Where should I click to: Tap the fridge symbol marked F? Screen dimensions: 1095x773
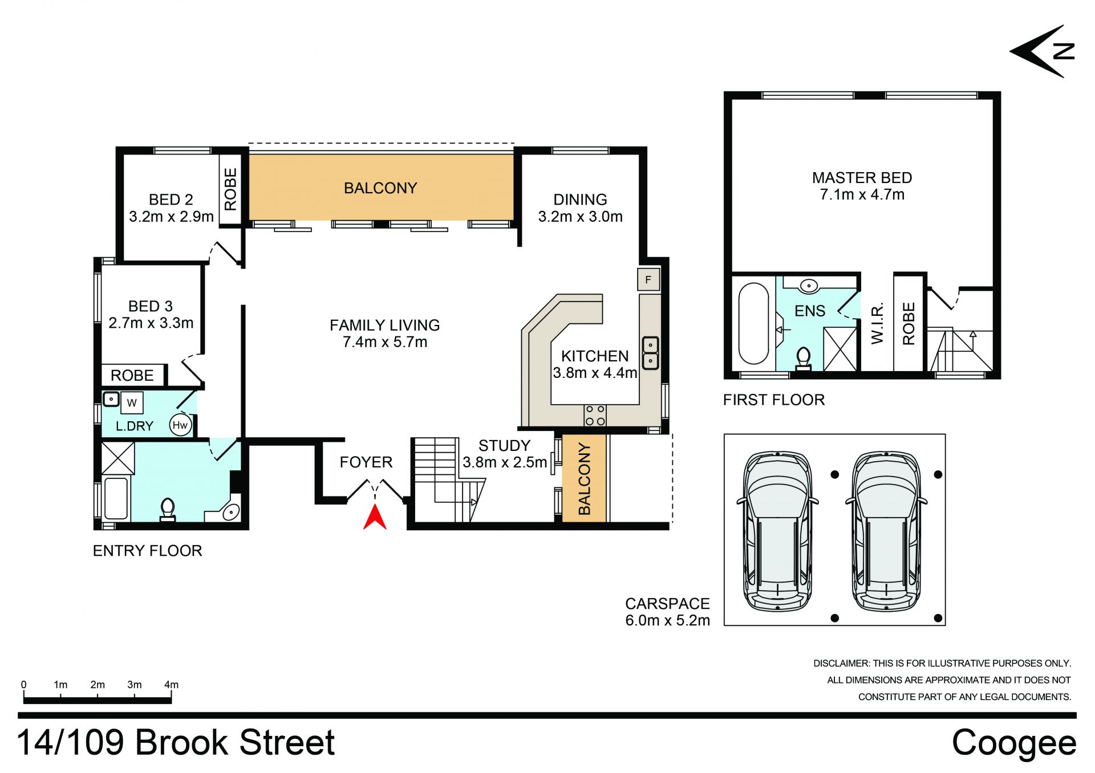648,279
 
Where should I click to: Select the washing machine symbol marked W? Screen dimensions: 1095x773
132,402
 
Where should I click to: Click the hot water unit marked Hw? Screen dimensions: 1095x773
180,425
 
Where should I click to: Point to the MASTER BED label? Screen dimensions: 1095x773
862,178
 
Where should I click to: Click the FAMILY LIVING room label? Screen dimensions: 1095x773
385,325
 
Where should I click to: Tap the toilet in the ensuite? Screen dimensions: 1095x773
804,359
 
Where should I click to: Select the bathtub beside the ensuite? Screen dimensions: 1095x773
753,323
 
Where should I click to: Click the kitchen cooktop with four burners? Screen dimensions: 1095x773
595,415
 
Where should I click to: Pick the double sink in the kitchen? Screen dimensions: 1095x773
651,353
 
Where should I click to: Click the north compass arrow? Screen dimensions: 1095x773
1042,51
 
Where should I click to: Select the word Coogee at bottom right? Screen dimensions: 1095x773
1014,743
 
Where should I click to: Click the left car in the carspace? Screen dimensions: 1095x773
778,532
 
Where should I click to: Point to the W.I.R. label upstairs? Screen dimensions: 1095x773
877,323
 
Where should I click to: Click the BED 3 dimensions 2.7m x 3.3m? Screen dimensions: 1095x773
151,323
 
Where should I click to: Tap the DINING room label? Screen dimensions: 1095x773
580,200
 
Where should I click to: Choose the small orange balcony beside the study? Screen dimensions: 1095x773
584,478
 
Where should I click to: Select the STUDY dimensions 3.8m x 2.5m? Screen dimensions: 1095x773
505,462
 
